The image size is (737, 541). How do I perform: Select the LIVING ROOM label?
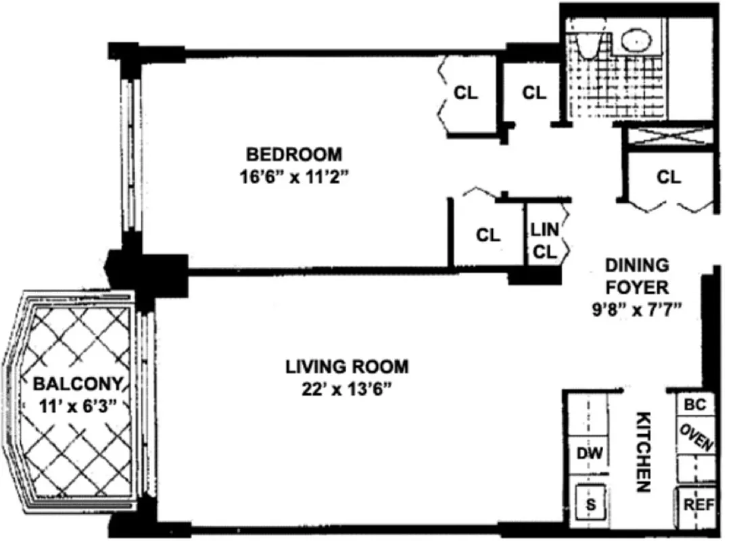tap(347, 367)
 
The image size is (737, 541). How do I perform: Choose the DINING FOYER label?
tap(636, 276)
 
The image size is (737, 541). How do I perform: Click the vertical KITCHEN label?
tap(643, 452)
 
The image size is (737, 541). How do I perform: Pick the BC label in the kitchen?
tap(695, 405)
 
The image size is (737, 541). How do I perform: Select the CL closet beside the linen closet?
tap(488, 235)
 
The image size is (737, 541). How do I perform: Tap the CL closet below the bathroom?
tap(669, 177)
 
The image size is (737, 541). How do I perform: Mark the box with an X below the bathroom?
tap(669, 135)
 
